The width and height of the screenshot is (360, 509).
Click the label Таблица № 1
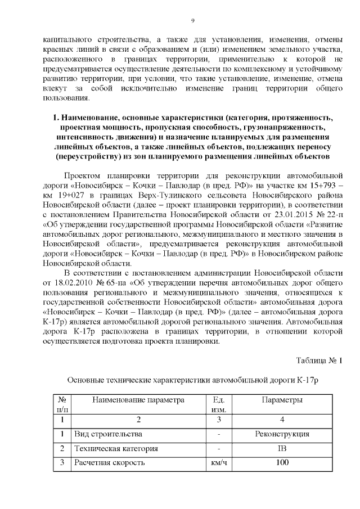(x=319, y=360)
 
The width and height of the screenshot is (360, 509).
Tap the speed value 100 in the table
(x=282, y=463)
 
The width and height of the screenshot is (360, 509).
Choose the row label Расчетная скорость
(x=110, y=463)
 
